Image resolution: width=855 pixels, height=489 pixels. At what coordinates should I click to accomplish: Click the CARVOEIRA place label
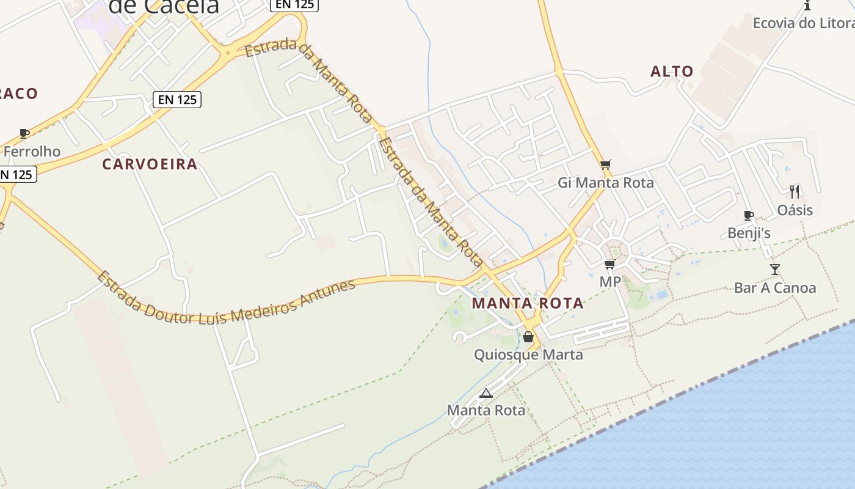pyautogui.click(x=150, y=164)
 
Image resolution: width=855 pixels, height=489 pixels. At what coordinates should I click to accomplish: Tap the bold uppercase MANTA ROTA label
pyautogui.click(x=528, y=303)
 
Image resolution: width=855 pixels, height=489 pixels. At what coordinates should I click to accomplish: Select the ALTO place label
pyautogui.click(x=672, y=72)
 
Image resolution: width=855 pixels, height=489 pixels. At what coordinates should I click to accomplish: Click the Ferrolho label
pyautogui.click(x=32, y=151)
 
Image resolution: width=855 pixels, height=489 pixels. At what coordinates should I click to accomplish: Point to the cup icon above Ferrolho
pyautogui.click(x=24, y=133)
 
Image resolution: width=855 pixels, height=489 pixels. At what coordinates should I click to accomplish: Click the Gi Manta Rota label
pyautogui.click(x=605, y=183)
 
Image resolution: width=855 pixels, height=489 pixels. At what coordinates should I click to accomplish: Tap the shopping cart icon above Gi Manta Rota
pyautogui.click(x=605, y=164)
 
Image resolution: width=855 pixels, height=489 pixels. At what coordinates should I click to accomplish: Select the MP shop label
pyautogui.click(x=609, y=282)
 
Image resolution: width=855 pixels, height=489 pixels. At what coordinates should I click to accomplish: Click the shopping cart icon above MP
pyautogui.click(x=609, y=264)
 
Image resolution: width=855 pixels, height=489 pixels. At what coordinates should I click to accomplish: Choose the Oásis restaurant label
pyautogui.click(x=795, y=210)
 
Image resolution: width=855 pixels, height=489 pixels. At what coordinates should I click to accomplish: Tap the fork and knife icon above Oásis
pyautogui.click(x=795, y=191)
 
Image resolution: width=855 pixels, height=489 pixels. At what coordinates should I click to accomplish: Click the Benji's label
pyautogui.click(x=749, y=233)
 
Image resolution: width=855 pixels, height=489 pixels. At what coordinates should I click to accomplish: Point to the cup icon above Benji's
pyautogui.click(x=749, y=215)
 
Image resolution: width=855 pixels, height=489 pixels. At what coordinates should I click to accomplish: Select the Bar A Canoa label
pyautogui.click(x=774, y=288)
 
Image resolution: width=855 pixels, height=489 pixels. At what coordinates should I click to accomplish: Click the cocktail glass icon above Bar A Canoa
pyautogui.click(x=774, y=269)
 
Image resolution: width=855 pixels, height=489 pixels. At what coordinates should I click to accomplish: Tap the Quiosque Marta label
pyautogui.click(x=528, y=355)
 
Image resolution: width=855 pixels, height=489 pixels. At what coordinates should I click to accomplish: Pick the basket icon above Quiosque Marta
pyautogui.click(x=528, y=337)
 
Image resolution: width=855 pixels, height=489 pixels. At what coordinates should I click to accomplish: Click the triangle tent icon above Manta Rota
pyautogui.click(x=486, y=393)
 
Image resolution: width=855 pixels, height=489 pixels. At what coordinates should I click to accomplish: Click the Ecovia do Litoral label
pyautogui.click(x=803, y=23)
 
